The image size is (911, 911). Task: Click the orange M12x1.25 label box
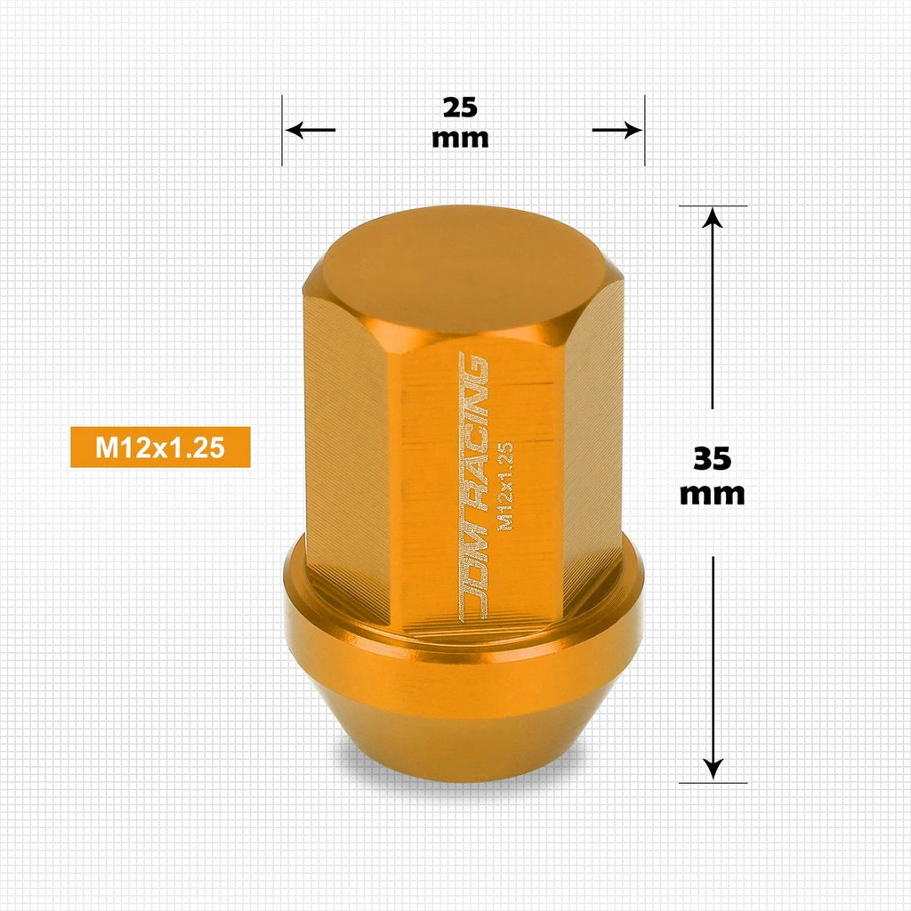click(160, 447)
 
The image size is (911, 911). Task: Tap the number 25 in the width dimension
click(460, 108)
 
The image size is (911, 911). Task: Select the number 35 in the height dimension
click(713, 459)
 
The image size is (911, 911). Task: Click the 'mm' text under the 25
click(460, 139)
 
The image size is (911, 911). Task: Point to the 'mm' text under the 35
click(713, 495)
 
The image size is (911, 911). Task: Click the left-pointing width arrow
click(310, 130)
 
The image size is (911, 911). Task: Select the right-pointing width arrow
click(617, 130)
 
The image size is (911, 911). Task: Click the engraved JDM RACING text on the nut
click(472, 487)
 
